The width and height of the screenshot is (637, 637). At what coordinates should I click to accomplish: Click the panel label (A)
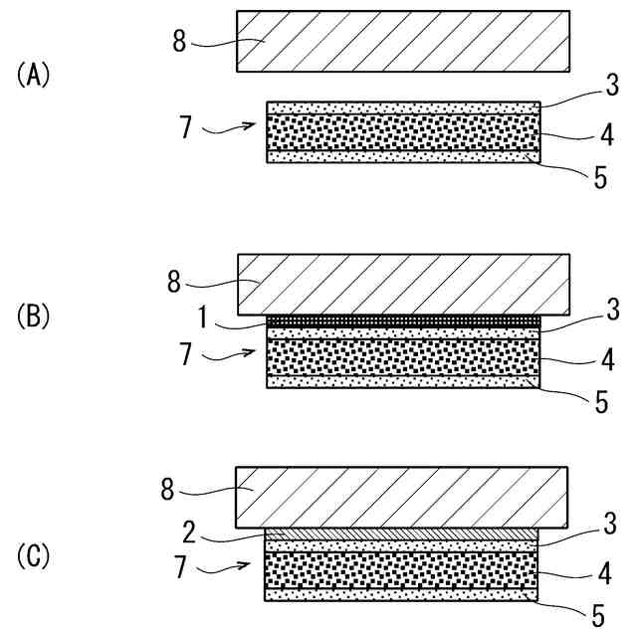[33, 75]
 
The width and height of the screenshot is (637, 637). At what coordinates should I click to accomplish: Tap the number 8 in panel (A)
[180, 43]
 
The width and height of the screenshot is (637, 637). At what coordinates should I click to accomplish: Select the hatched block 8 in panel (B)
[403, 284]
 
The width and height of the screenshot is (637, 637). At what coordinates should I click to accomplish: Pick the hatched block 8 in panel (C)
[403, 497]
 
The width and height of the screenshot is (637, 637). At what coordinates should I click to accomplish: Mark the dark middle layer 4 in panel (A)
[404, 130]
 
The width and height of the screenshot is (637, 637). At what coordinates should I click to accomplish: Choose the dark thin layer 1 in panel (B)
[404, 320]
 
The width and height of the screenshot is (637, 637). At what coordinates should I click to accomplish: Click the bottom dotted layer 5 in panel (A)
[404, 155]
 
